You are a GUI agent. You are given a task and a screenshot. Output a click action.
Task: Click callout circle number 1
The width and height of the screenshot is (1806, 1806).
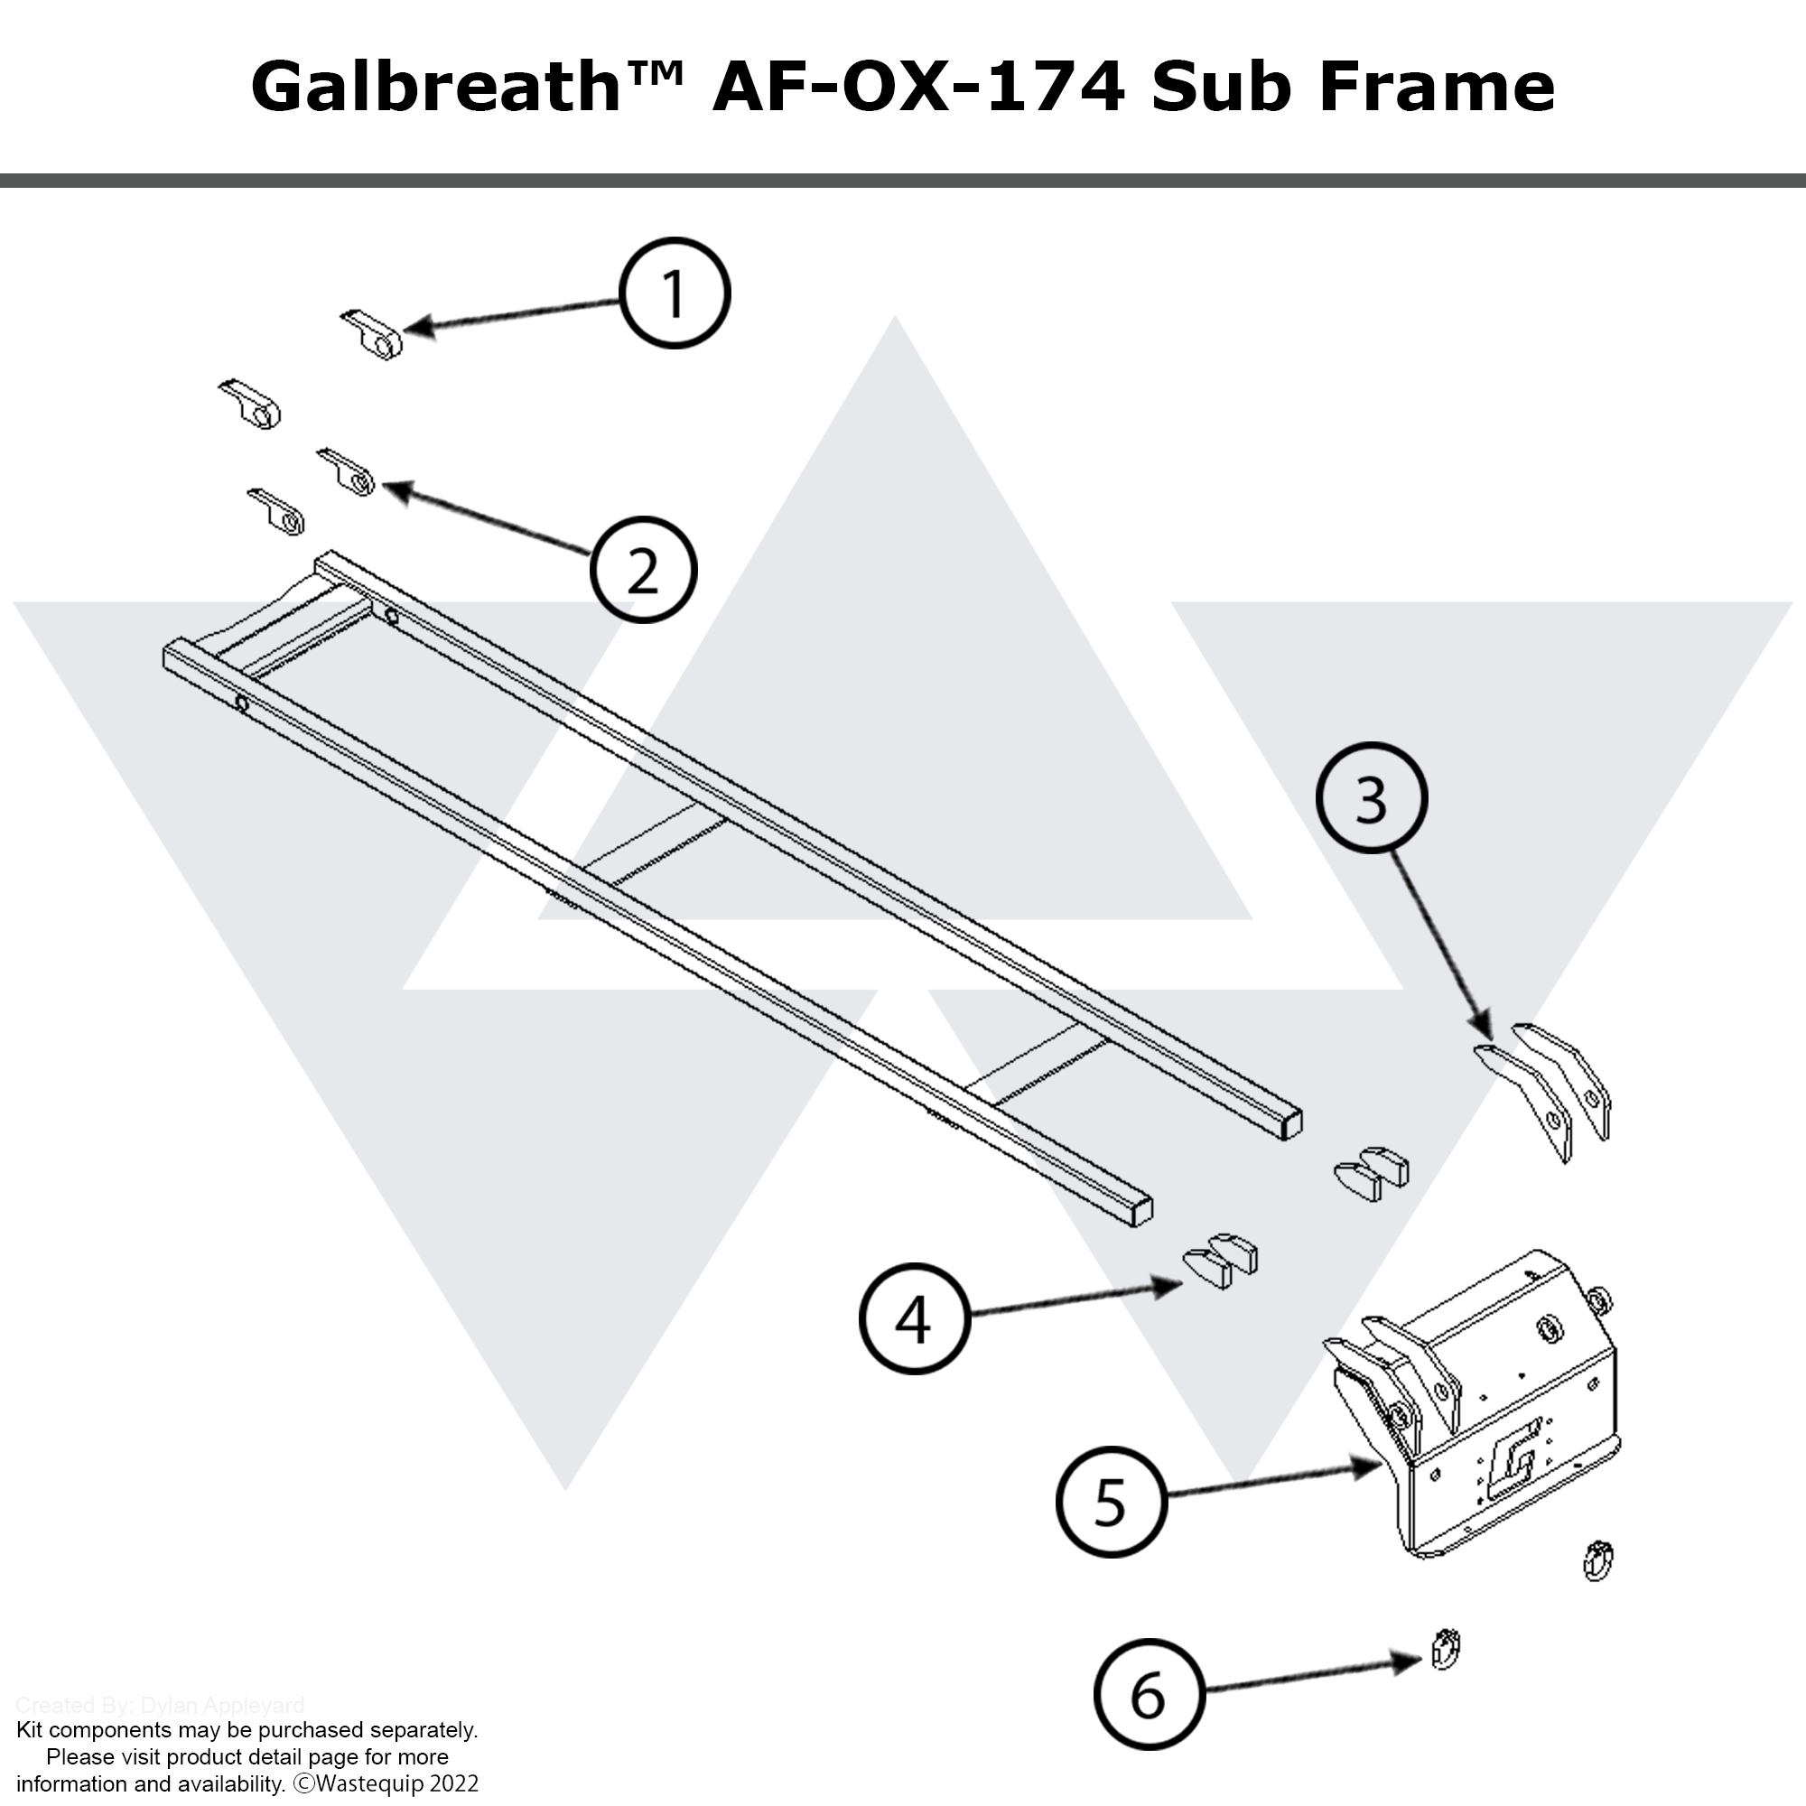pos(674,293)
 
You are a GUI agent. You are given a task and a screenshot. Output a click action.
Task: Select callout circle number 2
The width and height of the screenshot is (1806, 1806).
pos(643,569)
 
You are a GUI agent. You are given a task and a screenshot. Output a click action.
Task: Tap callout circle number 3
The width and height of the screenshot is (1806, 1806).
pos(1371,798)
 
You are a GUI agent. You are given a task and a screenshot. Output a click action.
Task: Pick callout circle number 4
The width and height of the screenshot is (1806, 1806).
pos(913,1319)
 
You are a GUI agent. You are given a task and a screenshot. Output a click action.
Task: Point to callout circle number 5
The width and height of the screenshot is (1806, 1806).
pos(1111,1503)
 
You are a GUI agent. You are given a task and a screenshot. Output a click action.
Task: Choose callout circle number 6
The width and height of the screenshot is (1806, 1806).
pos(1148,1694)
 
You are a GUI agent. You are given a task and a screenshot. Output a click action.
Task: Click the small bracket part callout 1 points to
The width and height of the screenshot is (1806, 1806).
pos(372,335)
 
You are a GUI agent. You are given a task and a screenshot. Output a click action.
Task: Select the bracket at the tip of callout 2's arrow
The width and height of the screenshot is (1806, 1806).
pos(348,472)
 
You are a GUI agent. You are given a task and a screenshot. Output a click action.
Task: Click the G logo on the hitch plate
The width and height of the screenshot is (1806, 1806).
pos(1513,1459)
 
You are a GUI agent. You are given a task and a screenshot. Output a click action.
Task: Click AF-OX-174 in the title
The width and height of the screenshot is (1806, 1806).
pos(918,86)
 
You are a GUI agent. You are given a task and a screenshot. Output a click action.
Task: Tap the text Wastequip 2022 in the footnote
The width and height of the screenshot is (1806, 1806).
pos(396,1783)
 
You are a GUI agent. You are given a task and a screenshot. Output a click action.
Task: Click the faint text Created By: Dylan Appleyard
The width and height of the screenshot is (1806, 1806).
pos(160,1705)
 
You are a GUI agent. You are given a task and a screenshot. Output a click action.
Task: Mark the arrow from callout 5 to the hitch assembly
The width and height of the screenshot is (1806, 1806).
pos(1271,1482)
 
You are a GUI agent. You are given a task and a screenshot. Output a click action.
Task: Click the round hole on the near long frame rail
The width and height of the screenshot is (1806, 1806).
pos(242,703)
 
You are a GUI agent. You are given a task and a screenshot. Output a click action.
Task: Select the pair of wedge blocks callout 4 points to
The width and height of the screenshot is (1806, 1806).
pos(1221,1262)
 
